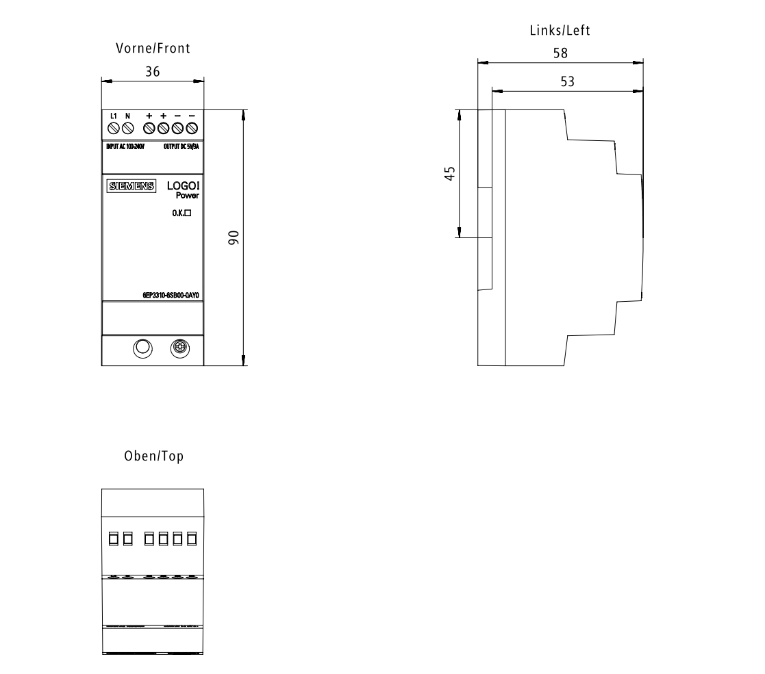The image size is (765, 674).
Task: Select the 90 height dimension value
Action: tap(233, 237)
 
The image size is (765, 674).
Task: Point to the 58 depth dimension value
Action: tap(560, 53)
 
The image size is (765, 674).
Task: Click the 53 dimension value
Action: tap(567, 81)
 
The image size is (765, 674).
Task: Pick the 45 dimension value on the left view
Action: tap(449, 174)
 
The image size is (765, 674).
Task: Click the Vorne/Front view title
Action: tap(152, 48)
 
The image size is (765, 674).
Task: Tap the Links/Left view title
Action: tap(560, 30)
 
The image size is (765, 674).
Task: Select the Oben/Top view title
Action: tap(153, 456)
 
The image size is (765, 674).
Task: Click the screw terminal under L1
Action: tap(114, 127)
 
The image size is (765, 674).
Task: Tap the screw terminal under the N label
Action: tap(127, 127)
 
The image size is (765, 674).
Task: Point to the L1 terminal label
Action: tap(114, 116)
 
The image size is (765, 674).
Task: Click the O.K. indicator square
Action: tap(186, 213)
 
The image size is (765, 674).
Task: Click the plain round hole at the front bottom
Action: tap(142, 348)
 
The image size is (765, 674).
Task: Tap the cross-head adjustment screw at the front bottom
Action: tap(181, 348)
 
